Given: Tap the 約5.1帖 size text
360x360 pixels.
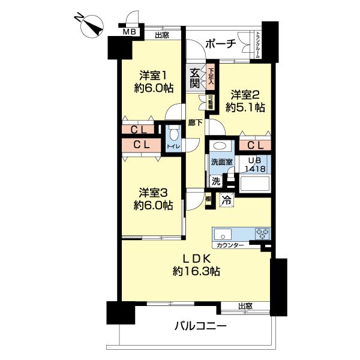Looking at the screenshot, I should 246,108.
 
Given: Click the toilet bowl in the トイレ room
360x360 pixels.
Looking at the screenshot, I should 173,135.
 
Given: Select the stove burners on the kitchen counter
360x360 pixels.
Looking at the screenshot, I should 262,233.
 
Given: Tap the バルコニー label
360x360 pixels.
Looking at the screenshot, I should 200,327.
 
